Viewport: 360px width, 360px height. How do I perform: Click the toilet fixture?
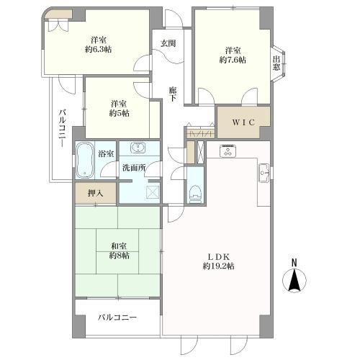tap(194, 189)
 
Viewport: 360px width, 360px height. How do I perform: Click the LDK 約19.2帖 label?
tap(218, 261)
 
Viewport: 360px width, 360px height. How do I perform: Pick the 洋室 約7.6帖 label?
tap(232, 55)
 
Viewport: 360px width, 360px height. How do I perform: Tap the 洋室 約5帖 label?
tap(120, 107)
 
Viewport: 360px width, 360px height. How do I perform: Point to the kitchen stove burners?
tap(228, 152)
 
